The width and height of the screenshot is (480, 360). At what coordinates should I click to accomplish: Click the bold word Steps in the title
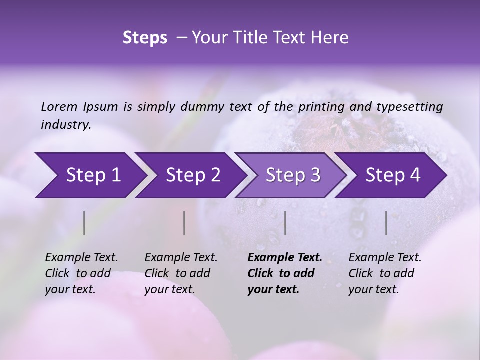point(145,38)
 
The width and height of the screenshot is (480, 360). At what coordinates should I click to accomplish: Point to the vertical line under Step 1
point(84,223)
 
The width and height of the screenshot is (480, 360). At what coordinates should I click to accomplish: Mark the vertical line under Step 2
point(184,223)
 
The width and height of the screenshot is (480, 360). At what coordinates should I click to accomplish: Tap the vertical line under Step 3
point(285,223)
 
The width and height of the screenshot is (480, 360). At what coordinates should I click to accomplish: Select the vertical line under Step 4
point(386,223)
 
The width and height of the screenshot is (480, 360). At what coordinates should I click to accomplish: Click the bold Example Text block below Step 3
point(285,273)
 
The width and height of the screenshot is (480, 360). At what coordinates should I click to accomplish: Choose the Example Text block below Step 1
point(81,273)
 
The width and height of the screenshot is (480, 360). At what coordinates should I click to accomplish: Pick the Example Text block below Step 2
point(181,273)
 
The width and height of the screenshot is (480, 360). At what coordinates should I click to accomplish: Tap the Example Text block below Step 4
point(385,273)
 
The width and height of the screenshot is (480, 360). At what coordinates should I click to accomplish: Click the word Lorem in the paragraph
point(59,107)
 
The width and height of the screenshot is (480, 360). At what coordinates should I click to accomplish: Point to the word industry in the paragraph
point(65,125)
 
